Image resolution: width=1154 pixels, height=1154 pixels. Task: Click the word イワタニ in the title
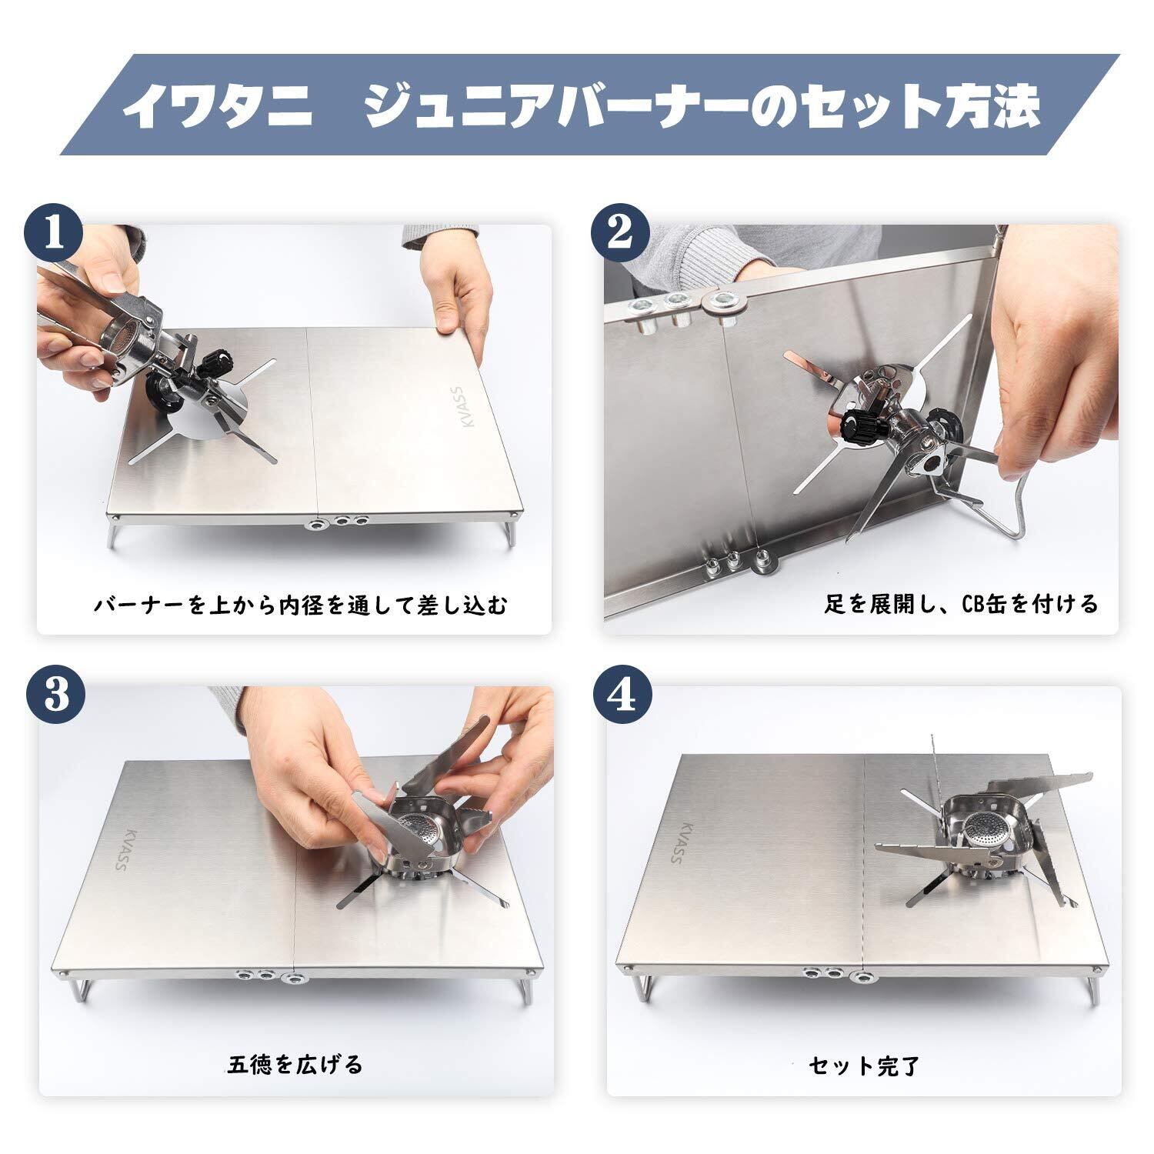218,105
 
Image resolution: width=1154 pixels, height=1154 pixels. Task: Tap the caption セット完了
864,1066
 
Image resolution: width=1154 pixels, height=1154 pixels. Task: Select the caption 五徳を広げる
295,1065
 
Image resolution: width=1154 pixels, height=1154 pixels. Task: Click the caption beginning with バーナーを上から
301,605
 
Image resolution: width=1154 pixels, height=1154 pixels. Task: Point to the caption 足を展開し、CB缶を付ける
962,604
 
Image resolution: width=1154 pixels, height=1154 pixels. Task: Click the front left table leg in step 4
640,989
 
